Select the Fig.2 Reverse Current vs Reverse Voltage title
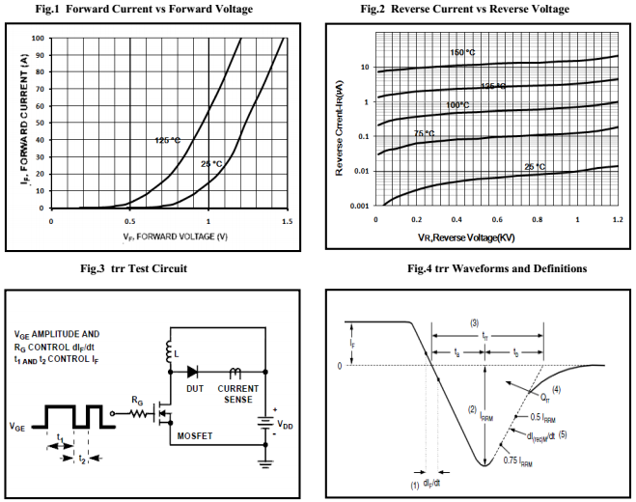[478, 9]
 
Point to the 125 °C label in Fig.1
[167, 140]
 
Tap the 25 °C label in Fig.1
[211, 164]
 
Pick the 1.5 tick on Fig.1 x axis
[287, 220]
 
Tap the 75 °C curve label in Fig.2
[425, 133]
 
